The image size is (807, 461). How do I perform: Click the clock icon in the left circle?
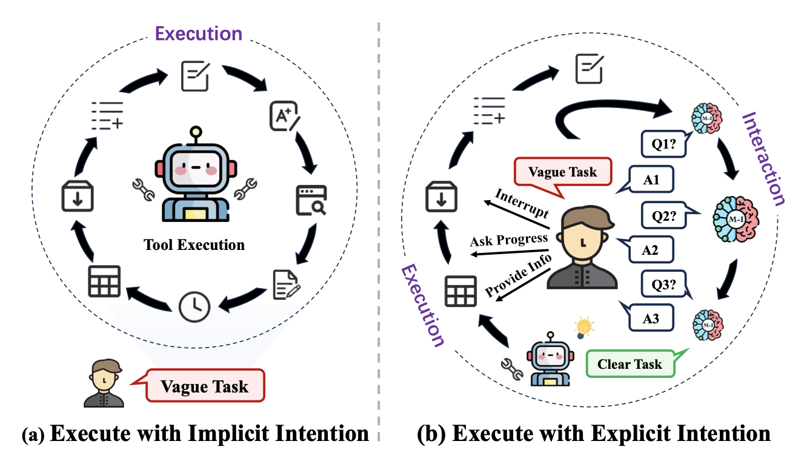click(x=194, y=306)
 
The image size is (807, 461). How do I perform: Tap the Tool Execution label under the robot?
click(x=194, y=246)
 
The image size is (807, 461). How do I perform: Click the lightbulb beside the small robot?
click(x=583, y=327)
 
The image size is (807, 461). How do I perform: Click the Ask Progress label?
click(x=509, y=240)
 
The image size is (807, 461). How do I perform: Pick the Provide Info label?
click(x=518, y=276)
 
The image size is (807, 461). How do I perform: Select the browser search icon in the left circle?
click(x=311, y=200)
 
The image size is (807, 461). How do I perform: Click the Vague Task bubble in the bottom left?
click(x=205, y=386)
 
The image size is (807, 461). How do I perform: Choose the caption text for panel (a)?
click(x=195, y=434)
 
